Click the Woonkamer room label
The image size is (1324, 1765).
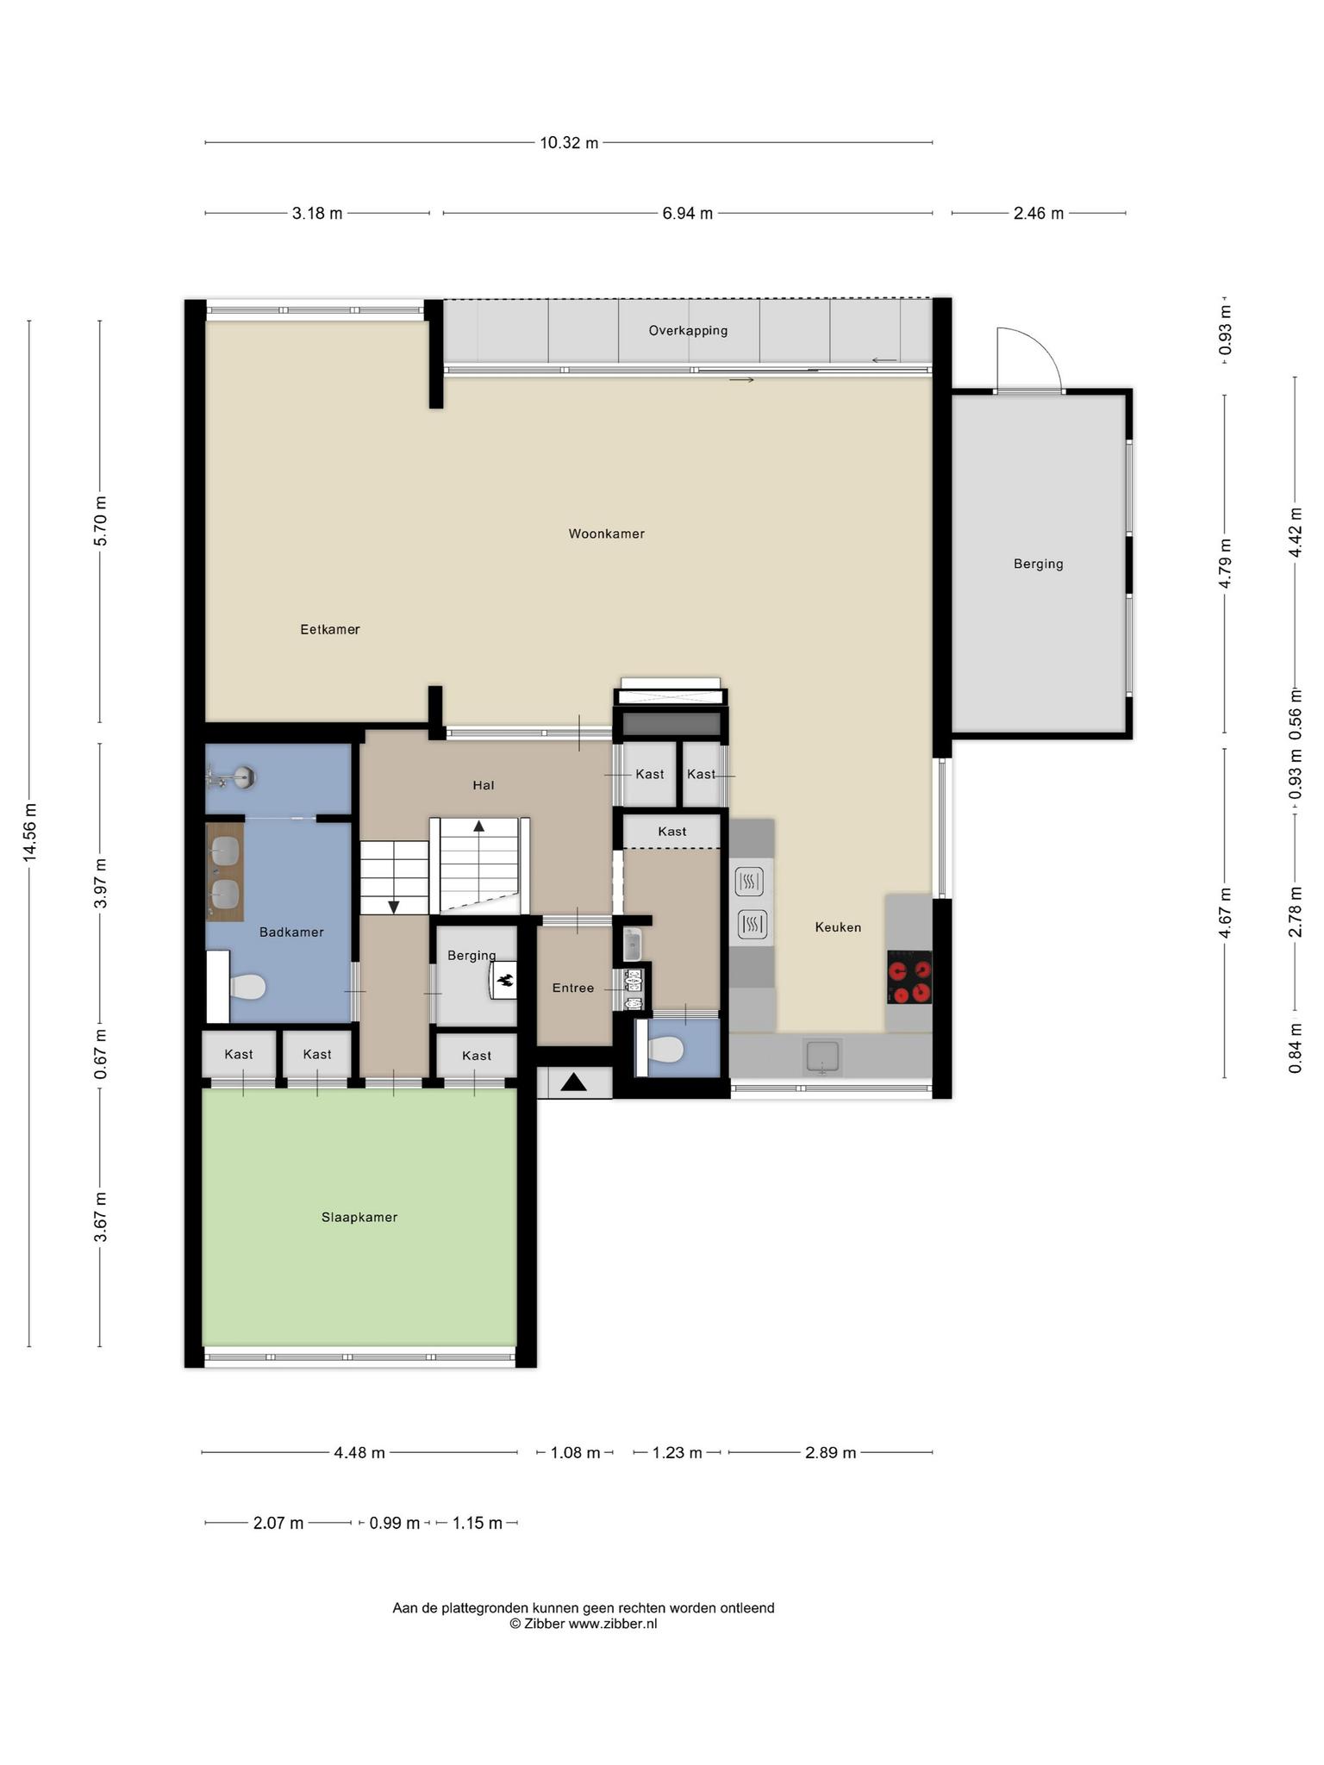pyautogui.click(x=606, y=533)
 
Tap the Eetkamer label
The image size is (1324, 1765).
pyautogui.click(x=329, y=629)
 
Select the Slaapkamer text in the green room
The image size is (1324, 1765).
pyautogui.click(x=359, y=1217)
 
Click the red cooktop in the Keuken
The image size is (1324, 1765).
pyautogui.click(x=909, y=977)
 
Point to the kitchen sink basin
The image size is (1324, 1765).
pyautogui.click(x=822, y=1056)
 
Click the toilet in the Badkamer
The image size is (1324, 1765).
pyautogui.click(x=247, y=986)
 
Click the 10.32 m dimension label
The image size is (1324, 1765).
pyautogui.click(x=569, y=143)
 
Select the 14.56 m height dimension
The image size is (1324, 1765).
pyautogui.click(x=30, y=832)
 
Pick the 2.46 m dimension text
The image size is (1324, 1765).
pyautogui.click(x=1038, y=213)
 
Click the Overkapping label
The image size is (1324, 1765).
pyautogui.click(x=688, y=330)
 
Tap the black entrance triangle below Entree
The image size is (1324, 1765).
pyautogui.click(x=573, y=1082)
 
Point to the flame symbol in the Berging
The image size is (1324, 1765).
pyautogui.click(x=506, y=980)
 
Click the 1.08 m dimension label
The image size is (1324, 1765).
pyautogui.click(x=575, y=1453)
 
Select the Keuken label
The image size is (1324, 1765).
pyautogui.click(x=838, y=927)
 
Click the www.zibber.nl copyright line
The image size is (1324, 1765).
pyautogui.click(x=583, y=1624)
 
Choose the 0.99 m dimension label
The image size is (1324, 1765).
pyautogui.click(x=394, y=1524)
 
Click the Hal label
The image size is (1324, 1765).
pyautogui.click(x=483, y=785)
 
